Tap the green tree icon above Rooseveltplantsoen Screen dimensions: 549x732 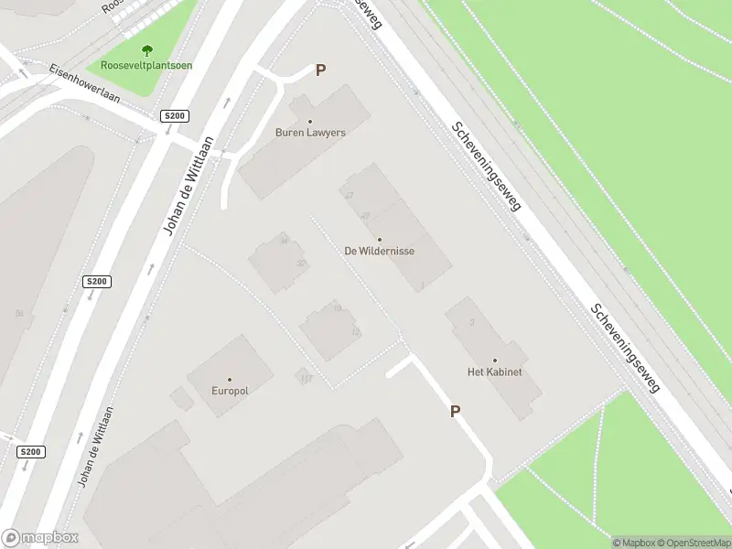[x=147, y=51]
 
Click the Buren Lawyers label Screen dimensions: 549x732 [x=310, y=133]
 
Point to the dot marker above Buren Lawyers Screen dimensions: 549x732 [x=310, y=121]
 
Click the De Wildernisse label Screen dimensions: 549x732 [x=380, y=251]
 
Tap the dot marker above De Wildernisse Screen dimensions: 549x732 [x=380, y=239]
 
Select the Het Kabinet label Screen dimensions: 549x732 [x=494, y=372]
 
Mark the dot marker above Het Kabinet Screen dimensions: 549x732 [x=495, y=361]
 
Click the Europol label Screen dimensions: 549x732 [x=230, y=391]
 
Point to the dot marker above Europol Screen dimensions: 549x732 [x=230, y=379]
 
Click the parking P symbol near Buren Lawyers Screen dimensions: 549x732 [x=320, y=70]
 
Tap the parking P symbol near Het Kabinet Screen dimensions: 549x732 [x=455, y=412]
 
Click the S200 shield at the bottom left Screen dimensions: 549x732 [x=30, y=452]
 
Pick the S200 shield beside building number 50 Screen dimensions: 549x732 [x=95, y=282]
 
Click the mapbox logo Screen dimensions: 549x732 [x=38, y=538]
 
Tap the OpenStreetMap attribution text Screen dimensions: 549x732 [x=691, y=543]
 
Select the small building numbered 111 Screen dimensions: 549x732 [x=305, y=377]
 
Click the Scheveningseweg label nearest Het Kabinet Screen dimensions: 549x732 [x=625, y=348]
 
